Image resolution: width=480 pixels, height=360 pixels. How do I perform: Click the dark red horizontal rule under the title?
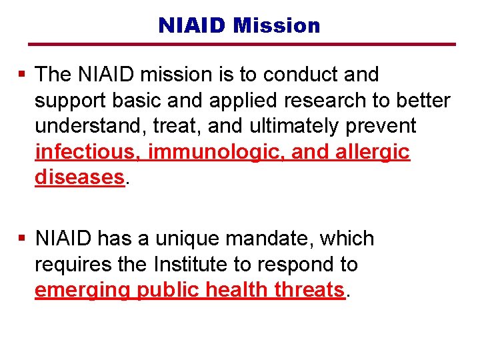click(x=242, y=45)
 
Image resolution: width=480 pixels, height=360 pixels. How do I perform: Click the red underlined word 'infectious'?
click(x=87, y=152)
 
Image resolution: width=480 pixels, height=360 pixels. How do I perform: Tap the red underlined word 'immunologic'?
click(x=217, y=152)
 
